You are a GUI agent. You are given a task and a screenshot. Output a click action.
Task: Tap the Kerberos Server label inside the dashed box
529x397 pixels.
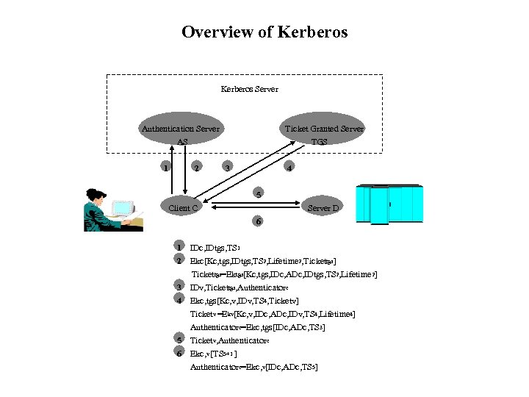[250, 90]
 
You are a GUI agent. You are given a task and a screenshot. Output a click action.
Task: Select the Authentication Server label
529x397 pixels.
[180, 129]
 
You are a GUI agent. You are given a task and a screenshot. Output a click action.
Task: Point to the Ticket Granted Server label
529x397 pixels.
[324, 129]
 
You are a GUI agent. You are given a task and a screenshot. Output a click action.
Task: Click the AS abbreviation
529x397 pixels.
[182, 141]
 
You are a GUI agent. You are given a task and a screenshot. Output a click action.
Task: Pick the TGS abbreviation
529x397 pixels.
[319, 141]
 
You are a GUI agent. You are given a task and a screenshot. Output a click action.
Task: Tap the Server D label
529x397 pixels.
[323, 208]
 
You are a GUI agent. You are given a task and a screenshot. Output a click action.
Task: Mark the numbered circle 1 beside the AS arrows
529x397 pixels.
[167, 168]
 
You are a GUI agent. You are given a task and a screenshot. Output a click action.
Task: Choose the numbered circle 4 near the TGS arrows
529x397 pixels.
[290, 168]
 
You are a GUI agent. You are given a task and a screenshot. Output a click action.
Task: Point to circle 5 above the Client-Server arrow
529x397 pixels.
[256, 195]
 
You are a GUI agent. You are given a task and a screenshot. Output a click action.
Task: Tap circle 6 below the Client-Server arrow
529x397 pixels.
[256, 221]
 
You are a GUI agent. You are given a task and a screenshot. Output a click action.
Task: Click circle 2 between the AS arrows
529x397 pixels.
[195, 168]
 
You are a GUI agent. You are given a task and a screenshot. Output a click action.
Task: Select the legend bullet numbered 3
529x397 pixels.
[179, 286]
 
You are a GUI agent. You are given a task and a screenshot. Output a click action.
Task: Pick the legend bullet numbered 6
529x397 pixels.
[179, 353]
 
